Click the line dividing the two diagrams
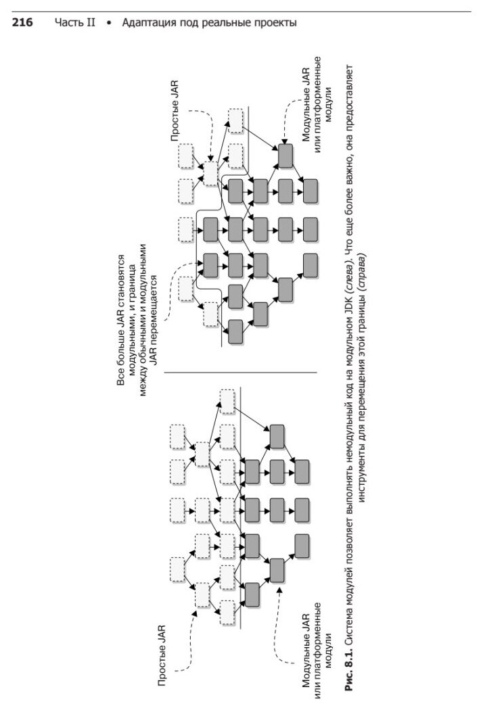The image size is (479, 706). click(240, 373)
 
